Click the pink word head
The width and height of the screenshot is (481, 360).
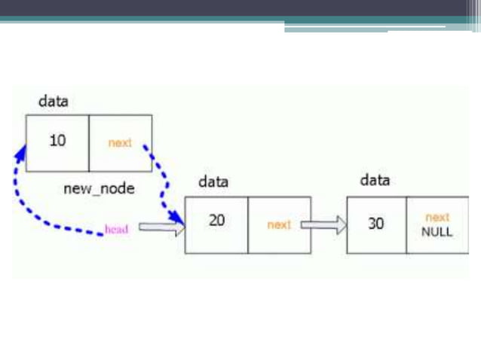coord(116,229)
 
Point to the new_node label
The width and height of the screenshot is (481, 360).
coord(99,188)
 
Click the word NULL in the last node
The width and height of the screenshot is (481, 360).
coord(437,232)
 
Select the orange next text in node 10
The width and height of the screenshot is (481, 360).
coord(120,142)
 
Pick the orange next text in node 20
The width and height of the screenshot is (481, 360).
coord(279,224)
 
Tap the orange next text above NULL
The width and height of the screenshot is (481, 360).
coord(437,218)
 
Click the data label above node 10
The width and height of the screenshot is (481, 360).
coord(54,100)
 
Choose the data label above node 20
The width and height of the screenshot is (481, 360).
coord(213,182)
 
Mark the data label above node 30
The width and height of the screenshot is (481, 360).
coord(375,181)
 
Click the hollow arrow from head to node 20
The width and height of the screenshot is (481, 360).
coord(161,227)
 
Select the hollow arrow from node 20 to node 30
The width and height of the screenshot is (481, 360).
coord(323,224)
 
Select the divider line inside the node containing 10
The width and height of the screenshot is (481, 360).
coord(89,142)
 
